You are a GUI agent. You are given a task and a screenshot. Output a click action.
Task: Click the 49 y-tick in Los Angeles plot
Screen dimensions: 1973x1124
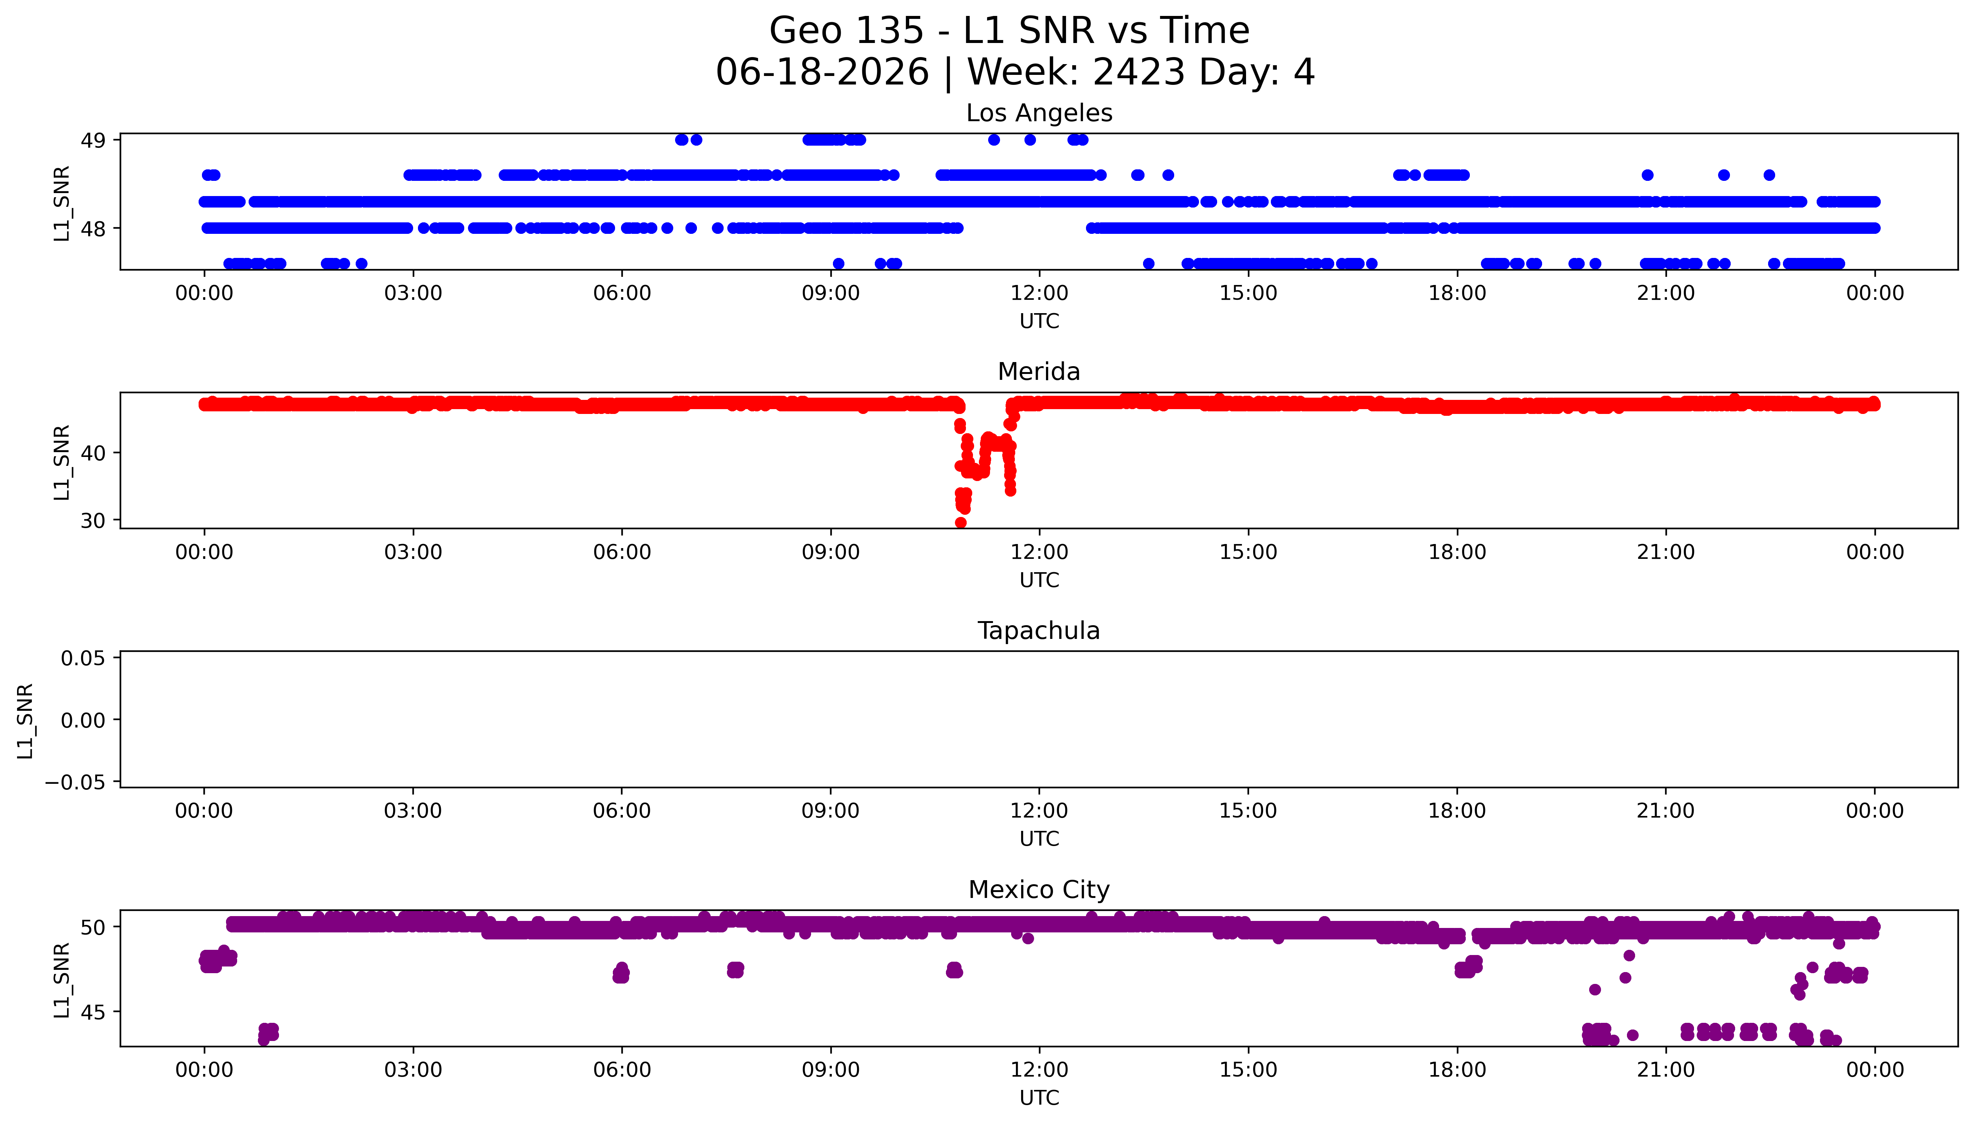coord(93,140)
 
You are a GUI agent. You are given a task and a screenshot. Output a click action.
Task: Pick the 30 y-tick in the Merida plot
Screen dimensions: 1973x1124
coord(93,521)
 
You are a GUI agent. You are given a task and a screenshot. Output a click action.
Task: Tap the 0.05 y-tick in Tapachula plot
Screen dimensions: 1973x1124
coord(83,659)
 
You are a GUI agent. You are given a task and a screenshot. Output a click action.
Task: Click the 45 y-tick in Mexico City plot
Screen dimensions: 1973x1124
coord(93,1012)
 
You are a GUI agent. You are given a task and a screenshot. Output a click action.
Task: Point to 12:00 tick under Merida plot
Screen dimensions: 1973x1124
coord(1039,552)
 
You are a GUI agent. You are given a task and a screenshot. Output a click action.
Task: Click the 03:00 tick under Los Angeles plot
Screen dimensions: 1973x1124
coord(413,294)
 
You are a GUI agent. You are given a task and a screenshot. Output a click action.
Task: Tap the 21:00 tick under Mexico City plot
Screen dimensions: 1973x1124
coord(1666,1070)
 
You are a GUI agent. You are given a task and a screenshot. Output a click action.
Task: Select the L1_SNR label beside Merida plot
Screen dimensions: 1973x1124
coord(62,462)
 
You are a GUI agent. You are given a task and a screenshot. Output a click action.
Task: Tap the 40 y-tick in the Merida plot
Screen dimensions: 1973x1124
coord(93,453)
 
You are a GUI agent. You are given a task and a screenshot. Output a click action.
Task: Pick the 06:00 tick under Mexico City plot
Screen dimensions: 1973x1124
coord(622,1070)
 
